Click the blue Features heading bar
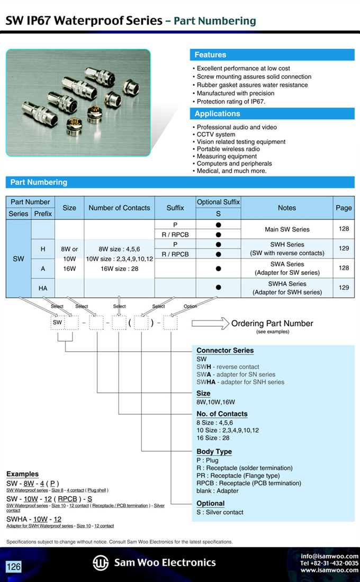pos(272,55)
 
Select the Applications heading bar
pos(272,114)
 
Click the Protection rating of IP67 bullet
pos(231,102)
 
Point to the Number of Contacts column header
pos(119,208)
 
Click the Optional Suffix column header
pos(218,202)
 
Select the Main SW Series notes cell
pos(286,229)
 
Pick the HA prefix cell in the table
pos(43,288)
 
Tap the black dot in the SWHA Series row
pos(218,288)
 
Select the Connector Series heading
pos(225,351)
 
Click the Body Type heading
pos(214,452)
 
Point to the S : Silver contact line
pos(220,512)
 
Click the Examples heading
pos(22,474)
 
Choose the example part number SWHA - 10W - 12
pos(34,519)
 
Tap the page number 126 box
pos(14,567)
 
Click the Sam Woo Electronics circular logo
pos(101,562)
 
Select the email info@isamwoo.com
pos(329,556)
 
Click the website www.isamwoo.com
pos(329,570)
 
